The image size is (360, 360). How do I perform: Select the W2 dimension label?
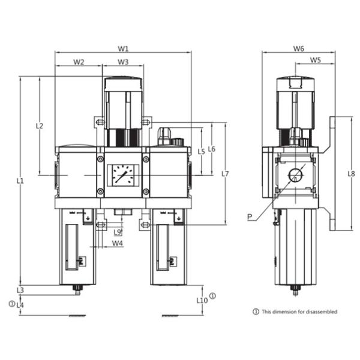[79, 62]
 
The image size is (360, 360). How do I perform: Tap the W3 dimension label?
[123, 62]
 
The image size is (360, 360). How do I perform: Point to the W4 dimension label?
[118, 244]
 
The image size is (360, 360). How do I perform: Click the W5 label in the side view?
[316, 61]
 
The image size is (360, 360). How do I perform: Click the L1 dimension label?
[20, 181]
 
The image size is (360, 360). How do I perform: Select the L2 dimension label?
[40, 127]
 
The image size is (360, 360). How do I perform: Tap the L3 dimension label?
[20, 290]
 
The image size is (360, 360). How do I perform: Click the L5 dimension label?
[201, 152]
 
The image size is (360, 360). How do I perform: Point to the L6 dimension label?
[212, 149]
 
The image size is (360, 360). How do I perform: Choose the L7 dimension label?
[225, 173]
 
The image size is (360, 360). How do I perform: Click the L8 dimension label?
[351, 173]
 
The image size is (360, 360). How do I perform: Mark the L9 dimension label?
[118, 232]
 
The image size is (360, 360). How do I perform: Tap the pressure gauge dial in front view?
[123, 175]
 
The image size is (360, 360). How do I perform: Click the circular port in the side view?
[295, 175]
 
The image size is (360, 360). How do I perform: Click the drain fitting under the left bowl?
[77, 290]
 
